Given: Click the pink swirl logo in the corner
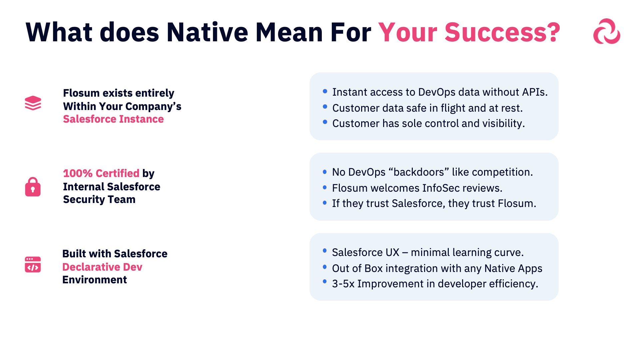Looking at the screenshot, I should (606, 31).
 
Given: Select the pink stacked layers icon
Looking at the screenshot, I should (33, 103).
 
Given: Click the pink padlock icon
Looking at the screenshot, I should (33, 187).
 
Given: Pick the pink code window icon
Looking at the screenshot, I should (33, 264).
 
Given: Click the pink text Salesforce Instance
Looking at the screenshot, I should (113, 119).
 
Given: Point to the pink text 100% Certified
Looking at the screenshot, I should (101, 173).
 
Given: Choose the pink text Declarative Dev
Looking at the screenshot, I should (102, 267).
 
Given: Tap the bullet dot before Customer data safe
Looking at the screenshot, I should (325, 107).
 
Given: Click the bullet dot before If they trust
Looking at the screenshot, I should (324, 203).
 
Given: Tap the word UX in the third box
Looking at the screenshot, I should (392, 252).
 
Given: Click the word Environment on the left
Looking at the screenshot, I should (95, 280).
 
